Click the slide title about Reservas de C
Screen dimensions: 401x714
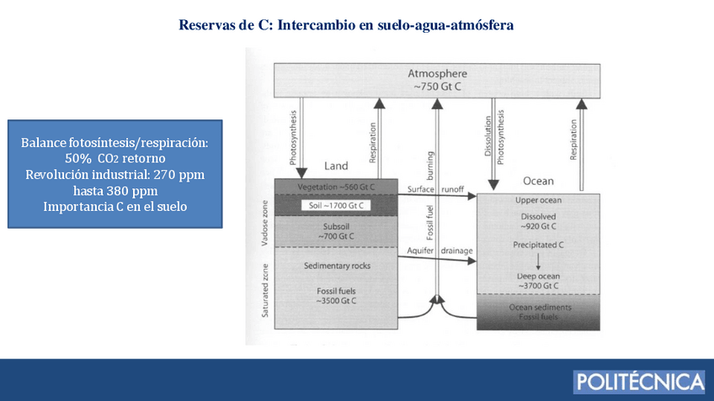point(346,24)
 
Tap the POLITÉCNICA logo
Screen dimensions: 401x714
point(639,381)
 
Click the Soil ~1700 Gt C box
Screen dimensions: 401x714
point(335,205)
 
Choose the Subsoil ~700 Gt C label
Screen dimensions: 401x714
point(335,231)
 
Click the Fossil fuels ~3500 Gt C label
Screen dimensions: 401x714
point(335,294)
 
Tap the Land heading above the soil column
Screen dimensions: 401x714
point(336,166)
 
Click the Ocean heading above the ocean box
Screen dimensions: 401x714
point(538,181)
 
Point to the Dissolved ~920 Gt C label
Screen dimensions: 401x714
point(538,221)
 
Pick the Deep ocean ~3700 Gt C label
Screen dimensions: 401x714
point(538,281)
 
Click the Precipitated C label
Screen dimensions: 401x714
point(538,245)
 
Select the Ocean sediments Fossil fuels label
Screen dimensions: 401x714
point(538,312)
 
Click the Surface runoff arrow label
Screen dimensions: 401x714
point(436,190)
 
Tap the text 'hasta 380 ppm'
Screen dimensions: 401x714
point(115,190)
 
